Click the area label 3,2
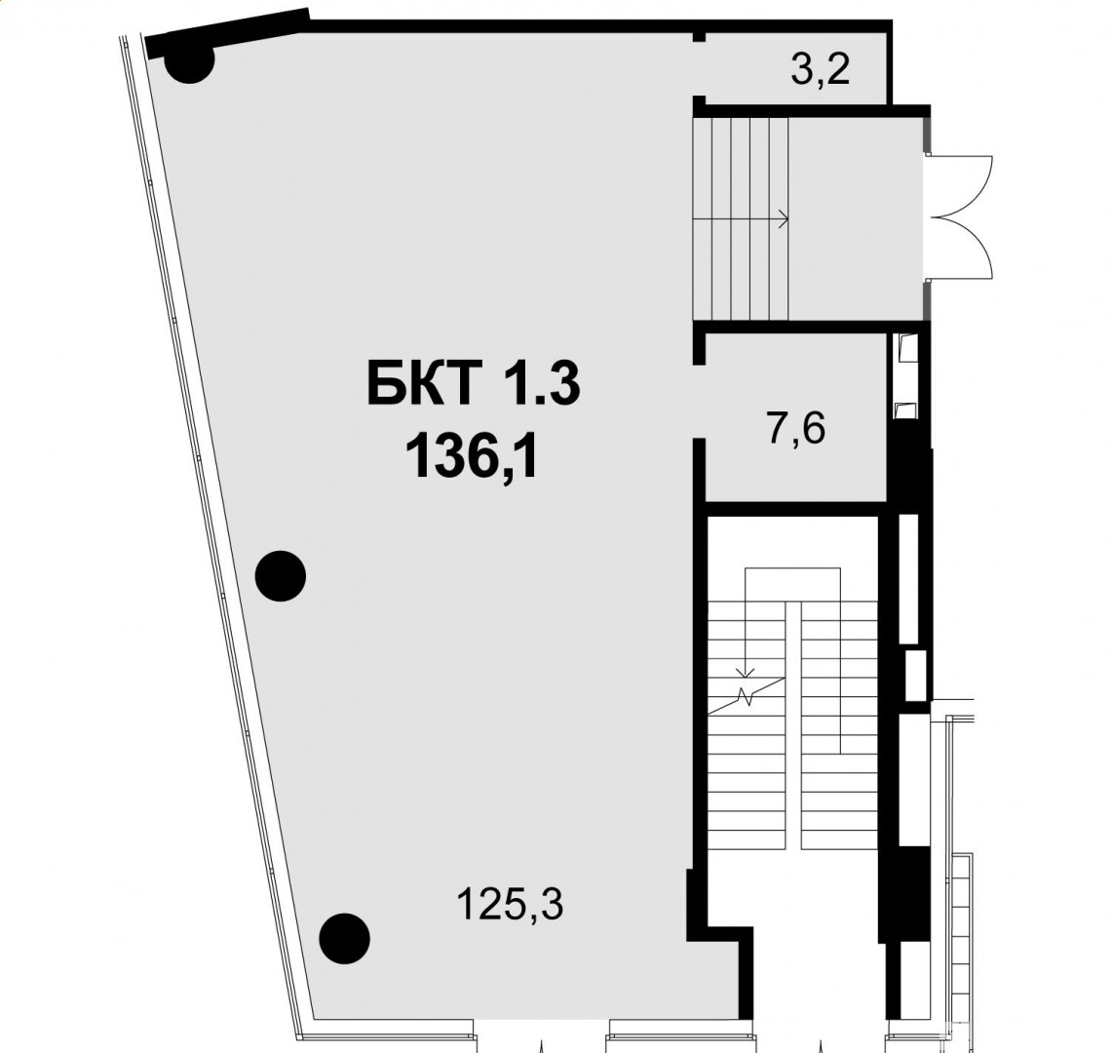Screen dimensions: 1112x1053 click(x=820, y=71)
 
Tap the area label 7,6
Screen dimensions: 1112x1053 click(x=796, y=429)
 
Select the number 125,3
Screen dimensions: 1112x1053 click(x=510, y=905)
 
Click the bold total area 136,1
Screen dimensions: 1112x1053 click(x=473, y=457)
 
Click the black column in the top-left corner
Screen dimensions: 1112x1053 click(x=189, y=59)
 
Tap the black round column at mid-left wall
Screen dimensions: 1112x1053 click(x=280, y=576)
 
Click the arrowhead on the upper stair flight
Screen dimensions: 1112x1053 click(x=784, y=219)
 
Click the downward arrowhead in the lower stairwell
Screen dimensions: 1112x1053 click(x=745, y=671)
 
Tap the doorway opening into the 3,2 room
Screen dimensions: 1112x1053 click(x=699, y=69)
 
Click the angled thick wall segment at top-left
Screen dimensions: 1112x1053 click(x=228, y=32)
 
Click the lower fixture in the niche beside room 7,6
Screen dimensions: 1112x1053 click(x=906, y=410)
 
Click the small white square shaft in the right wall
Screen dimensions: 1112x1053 click(x=915, y=675)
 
